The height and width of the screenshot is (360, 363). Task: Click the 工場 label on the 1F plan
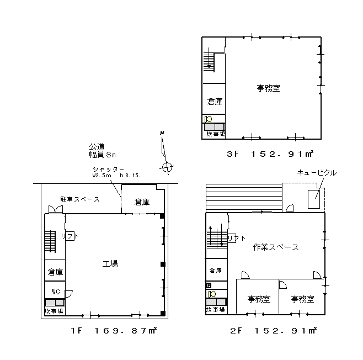coord(110,263)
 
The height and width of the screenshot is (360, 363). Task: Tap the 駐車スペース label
coord(80,199)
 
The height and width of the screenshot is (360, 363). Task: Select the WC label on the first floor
coord(56,292)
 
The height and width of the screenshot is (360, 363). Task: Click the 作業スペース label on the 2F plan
coord(276,247)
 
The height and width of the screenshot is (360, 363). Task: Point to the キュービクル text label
coord(317,173)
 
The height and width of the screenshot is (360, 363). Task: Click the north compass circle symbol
coord(167,167)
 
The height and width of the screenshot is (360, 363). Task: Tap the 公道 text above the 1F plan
coord(97,146)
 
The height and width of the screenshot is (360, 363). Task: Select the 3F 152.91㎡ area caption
coord(270,154)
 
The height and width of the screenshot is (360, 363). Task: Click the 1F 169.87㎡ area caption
coord(114,330)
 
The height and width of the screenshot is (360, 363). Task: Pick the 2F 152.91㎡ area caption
coord(273,330)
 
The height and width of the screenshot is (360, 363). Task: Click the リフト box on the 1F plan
coord(70,236)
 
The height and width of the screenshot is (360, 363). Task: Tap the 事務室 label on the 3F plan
coord(268,88)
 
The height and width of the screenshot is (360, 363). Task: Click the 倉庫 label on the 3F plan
coord(215,102)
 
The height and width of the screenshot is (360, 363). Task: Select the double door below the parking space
coord(56,209)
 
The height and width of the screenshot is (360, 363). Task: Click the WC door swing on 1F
coord(69,294)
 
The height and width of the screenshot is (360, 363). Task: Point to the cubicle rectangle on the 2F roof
coord(314,199)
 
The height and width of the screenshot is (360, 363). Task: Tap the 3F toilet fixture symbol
coord(209,119)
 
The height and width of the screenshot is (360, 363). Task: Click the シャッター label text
coord(108,170)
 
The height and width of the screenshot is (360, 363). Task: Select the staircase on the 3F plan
coord(209,62)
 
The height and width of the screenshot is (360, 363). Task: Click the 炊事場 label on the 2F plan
coord(215,310)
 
